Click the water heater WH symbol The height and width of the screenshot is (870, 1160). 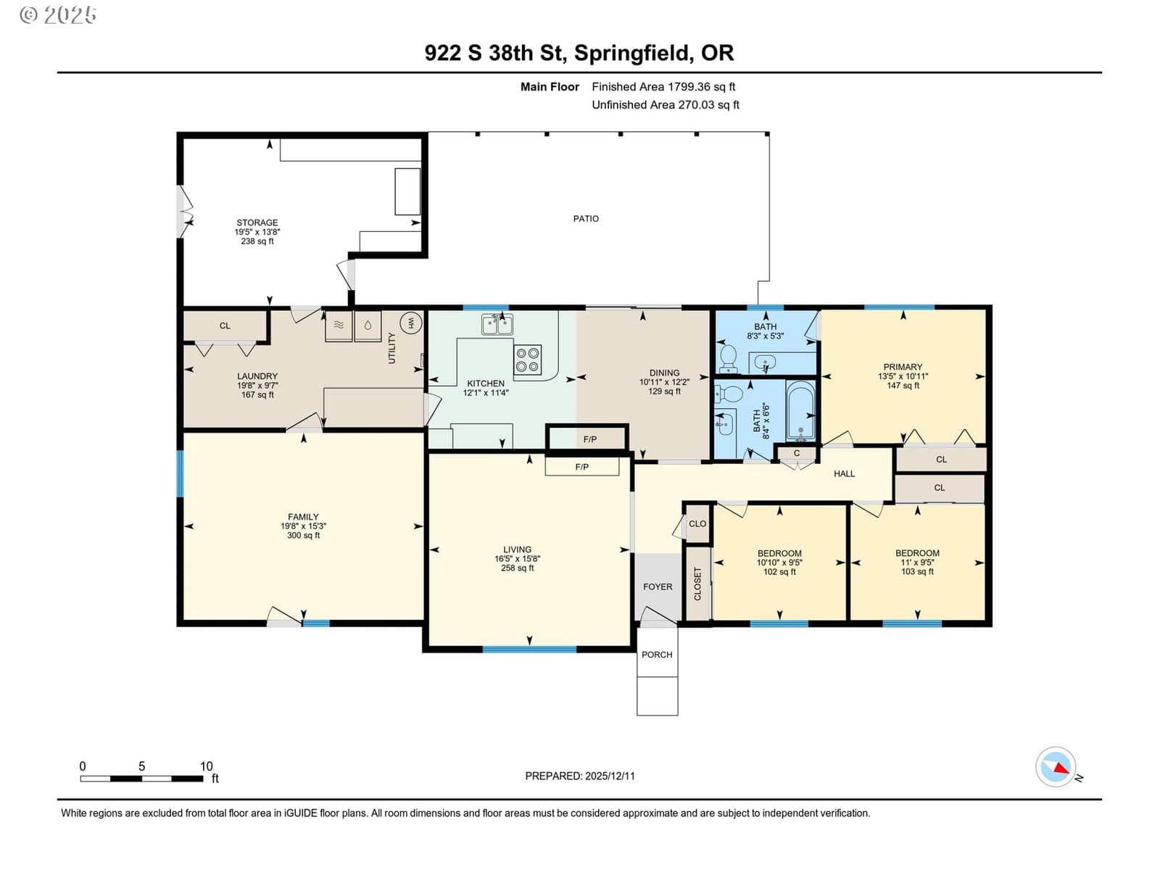click(x=410, y=322)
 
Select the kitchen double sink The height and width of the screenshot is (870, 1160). click(x=497, y=324)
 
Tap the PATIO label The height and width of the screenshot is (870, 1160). click(x=586, y=219)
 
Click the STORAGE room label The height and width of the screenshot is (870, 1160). click(x=257, y=223)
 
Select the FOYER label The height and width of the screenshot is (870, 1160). click(x=658, y=587)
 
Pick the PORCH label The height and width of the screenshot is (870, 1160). click(x=657, y=655)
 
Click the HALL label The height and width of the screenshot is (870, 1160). click(x=844, y=474)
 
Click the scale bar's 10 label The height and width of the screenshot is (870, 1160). click(x=206, y=766)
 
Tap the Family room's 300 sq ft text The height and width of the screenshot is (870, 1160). click(x=303, y=535)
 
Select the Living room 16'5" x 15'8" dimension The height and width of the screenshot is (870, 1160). click(x=518, y=558)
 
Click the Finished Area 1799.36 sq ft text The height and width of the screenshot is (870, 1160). click(x=663, y=86)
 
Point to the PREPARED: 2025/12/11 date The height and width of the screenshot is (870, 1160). click(x=580, y=776)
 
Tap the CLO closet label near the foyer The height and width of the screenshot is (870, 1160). click(x=697, y=523)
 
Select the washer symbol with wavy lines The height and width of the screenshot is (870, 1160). click(x=339, y=326)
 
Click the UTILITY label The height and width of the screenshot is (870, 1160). click(x=391, y=348)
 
